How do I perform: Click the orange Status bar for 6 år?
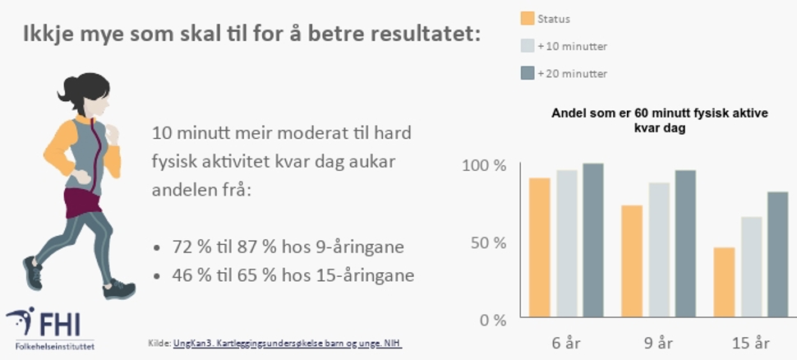(x=540, y=247)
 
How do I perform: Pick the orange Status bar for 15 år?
(x=724, y=283)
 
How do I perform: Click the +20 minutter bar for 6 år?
(x=593, y=240)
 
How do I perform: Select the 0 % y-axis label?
(x=492, y=320)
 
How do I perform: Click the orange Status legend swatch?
(x=527, y=19)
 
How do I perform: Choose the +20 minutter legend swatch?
(x=527, y=73)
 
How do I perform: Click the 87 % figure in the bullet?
(x=245, y=247)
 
